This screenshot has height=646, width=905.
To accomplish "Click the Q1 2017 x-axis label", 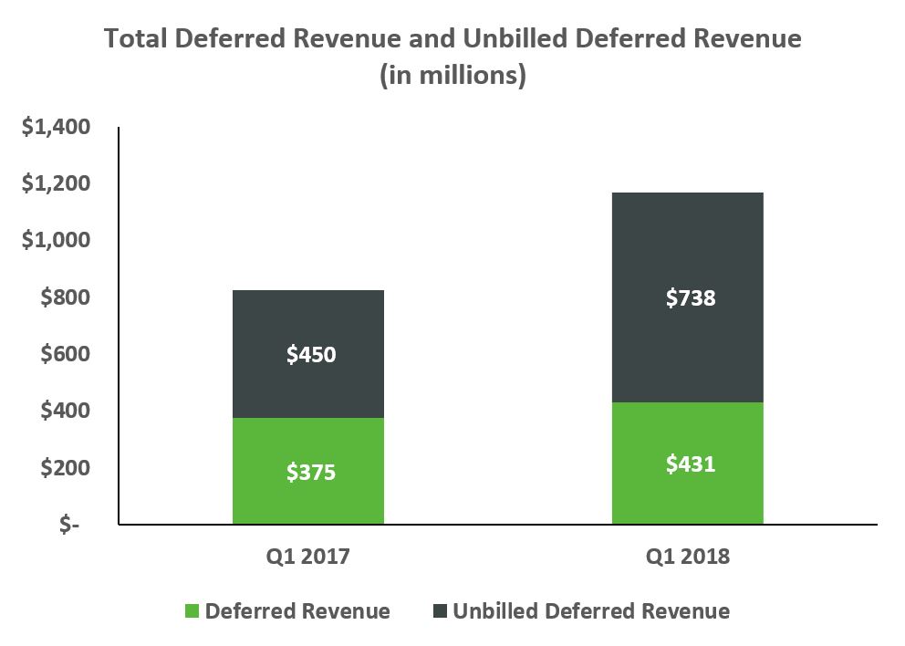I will point(308,557).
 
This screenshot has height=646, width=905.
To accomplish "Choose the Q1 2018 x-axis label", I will point(687,557).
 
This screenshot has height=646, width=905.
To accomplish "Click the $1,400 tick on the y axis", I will point(57,127).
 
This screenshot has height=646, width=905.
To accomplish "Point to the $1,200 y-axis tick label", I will point(57,183).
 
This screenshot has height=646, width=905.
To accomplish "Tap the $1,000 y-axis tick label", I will point(57,240).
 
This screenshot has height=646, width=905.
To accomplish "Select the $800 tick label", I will point(66,297).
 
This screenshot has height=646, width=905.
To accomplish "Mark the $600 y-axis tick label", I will point(66,354).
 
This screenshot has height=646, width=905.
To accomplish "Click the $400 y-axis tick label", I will point(66,411).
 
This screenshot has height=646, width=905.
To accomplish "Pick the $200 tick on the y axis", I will point(66,467).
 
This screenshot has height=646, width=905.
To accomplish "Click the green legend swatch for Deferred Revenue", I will point(191,611).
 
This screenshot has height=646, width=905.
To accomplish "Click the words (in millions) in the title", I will point(452,75).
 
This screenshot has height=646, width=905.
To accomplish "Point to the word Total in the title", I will point(137,38).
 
